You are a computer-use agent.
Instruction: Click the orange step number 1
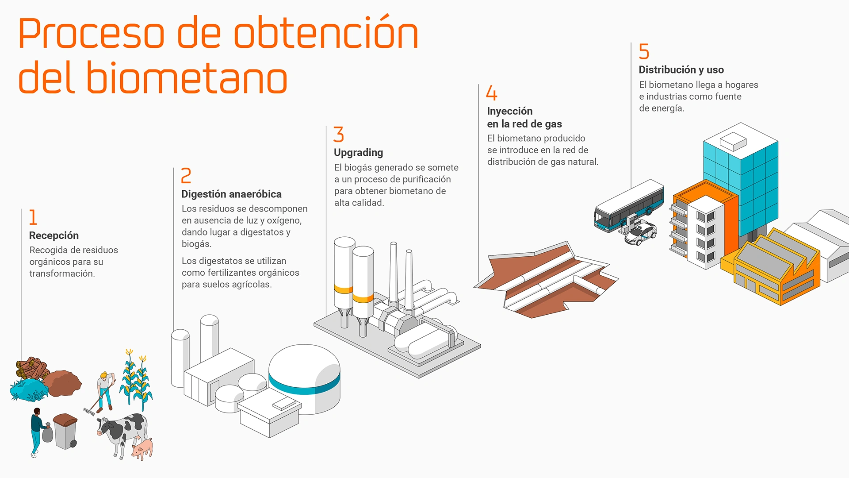coord(33,217)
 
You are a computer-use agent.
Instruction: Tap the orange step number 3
coord(339,135)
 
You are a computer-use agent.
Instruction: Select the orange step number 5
coord(644,52)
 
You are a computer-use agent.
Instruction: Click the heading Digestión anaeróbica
coord(231,194)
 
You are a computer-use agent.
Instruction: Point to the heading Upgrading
coord(358,153)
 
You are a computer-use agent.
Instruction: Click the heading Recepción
coord(54,235)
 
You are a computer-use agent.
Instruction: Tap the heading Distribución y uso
coord(681,70)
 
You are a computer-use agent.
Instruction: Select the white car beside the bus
coord(641,233)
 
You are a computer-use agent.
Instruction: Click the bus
coord(628,206)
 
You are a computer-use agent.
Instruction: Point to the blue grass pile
coord(29,389)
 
